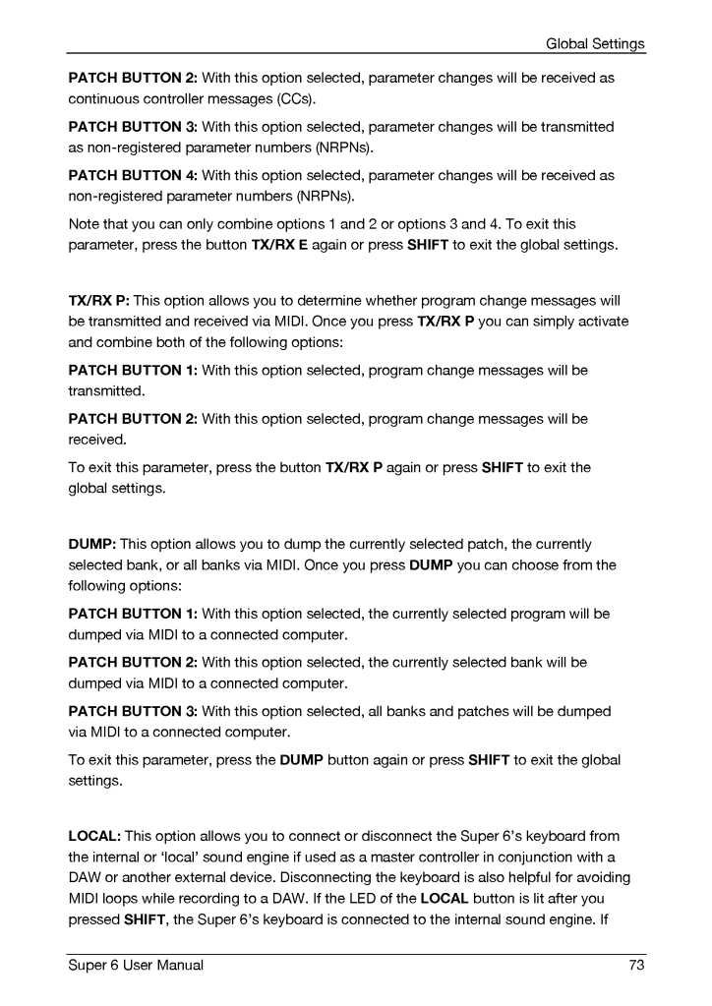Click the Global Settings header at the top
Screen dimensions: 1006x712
pos(595,43)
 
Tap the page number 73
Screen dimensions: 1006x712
pos(636,966)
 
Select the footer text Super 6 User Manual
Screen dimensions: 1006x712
pos(136,966)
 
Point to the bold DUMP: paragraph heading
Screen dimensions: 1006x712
pos(91,543)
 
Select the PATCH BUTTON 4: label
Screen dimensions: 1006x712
pos(133,175)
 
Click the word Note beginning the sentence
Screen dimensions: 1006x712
pos(85,223)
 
